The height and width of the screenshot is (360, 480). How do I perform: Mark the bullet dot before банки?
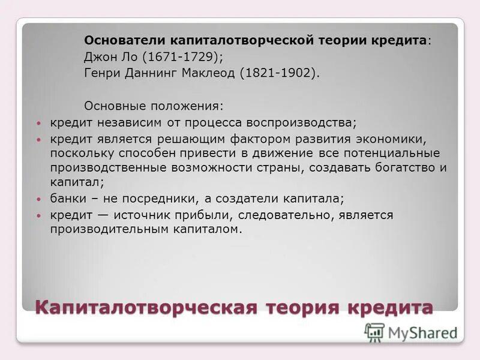pyautogui.click(x=39, y=199)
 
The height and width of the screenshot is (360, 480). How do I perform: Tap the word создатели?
pyautogui.click(x=268, y=199)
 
